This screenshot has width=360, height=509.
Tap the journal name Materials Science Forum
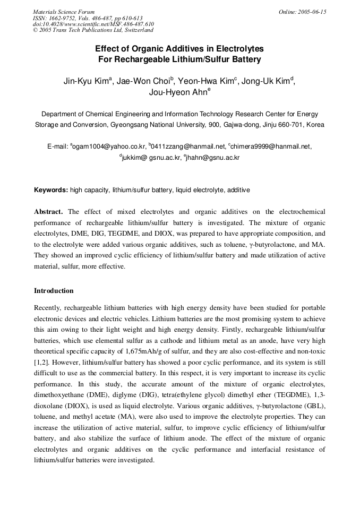(64, 12)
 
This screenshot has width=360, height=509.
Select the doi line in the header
(93, 24)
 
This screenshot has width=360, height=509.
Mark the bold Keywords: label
(51, 189)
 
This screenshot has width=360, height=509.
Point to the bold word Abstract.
(49, 211)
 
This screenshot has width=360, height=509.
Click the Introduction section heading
(54, 291)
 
